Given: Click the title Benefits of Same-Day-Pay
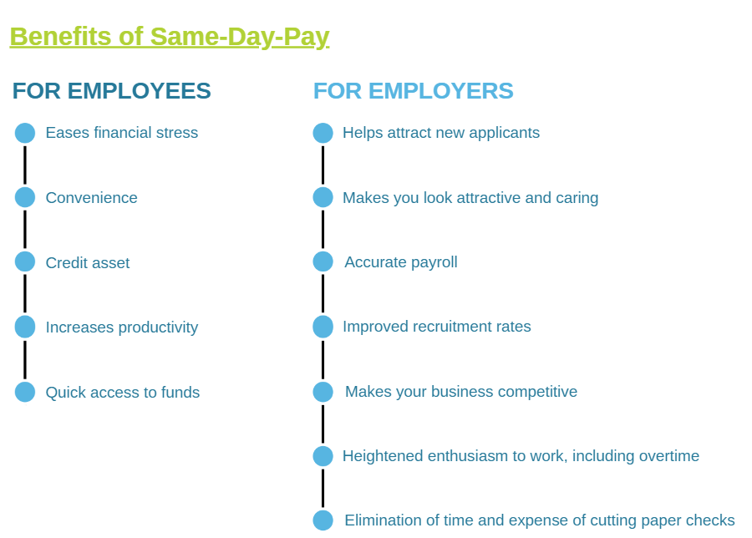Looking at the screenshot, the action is point(170,37).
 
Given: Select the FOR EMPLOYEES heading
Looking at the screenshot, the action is point(112,91).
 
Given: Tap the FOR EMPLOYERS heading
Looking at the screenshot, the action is point(414,91).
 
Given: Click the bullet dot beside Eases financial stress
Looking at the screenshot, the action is point(25,133).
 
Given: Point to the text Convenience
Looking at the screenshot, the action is point(92,197).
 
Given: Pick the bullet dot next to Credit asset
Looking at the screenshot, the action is point(25,261).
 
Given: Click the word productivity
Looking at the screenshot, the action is point(158,327).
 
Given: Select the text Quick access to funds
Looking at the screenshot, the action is point(123,393).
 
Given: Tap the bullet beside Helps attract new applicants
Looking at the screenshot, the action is point(323,133).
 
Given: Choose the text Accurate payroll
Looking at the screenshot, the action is point(401,262).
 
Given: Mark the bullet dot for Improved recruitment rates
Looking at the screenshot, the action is point(323,327).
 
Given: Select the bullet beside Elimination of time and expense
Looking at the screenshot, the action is point(323,520).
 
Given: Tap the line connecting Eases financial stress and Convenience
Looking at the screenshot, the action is point(25,165).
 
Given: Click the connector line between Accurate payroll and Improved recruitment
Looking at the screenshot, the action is point(323,294).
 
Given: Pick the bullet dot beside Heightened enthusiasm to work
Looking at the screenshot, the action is point(323,456).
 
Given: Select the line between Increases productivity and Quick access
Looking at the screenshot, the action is point(25,359).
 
